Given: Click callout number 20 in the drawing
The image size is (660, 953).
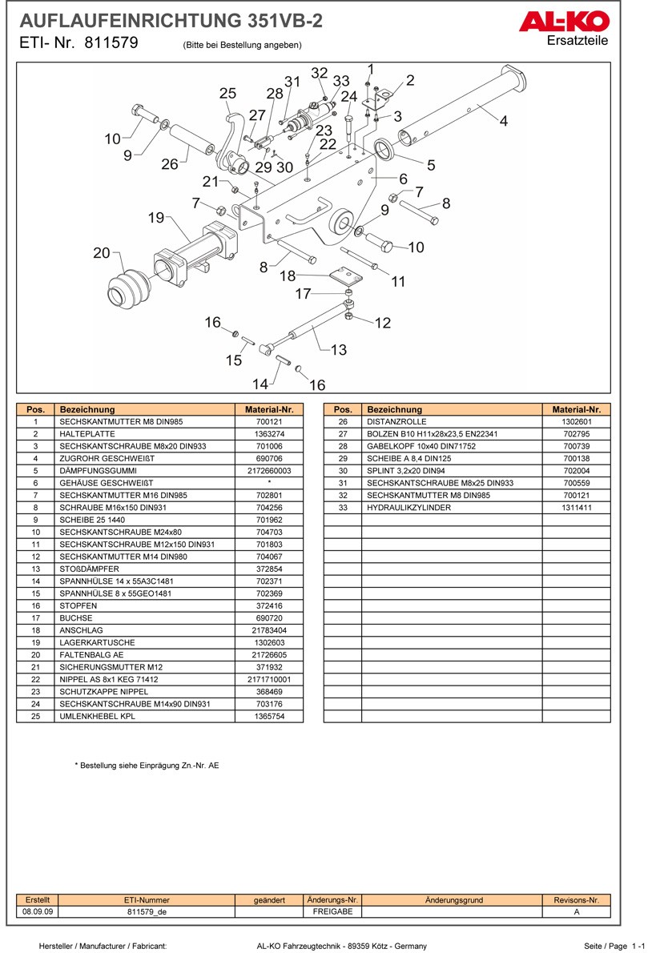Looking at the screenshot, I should pyautogui.click(x=101, y=253).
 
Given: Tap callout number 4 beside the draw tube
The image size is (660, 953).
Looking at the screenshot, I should pyautogui.click(x=503, y=122).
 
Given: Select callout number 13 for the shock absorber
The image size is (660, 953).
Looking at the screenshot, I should pyautogui.click(x=338, y=349).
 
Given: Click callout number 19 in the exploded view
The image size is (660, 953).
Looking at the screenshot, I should pyautogui.click(x=155, y=217).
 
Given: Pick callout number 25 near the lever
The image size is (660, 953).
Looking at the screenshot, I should pyautogui.click(x=227, y=94).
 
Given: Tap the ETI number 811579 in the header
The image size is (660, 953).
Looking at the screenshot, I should pyautogui.click(x=111, y=44).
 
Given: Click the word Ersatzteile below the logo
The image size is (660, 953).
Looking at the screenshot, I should pyautogui.click(x=577, y=41).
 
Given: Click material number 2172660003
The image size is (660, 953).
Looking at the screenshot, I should pyautogui.click(x=269, y=471).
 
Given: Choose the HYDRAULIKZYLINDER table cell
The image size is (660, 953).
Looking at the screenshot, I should pyautogui.click(x=408, y=508).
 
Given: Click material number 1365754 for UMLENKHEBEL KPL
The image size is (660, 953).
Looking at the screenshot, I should pyautogui.click(x=269, y=716).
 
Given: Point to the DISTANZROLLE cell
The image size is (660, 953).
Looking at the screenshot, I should pyautogui.click(x=396, y=421).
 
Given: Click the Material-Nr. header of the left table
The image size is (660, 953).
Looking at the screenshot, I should pyautogui.click(x=269, y=409).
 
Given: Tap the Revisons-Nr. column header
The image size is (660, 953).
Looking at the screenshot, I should pyautogui.click(x=576, y=900).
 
